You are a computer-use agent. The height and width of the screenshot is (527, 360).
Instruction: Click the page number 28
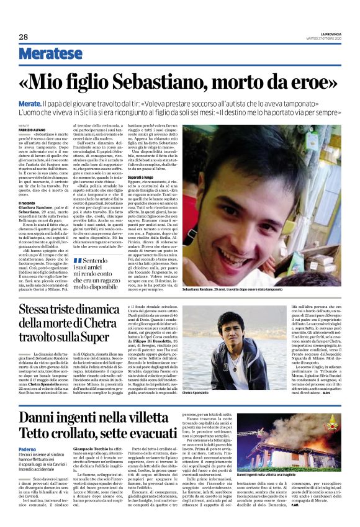pos(24,37)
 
